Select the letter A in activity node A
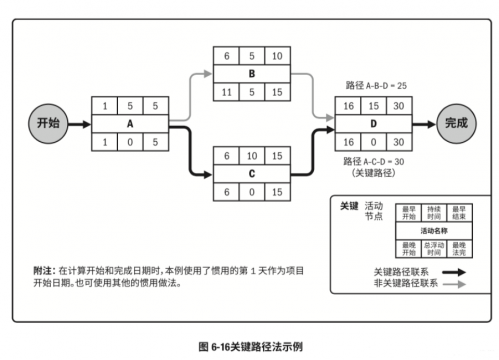(131, 123)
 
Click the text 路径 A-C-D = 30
(375, 160)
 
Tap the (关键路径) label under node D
(375, 173)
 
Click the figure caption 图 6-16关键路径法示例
(250, 345)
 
